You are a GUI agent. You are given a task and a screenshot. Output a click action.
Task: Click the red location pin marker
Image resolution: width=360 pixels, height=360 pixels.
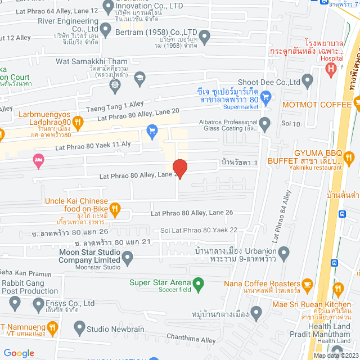(x=179, y=168)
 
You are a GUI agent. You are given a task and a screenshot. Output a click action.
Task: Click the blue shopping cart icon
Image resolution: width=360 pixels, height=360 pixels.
(x=151, y=132)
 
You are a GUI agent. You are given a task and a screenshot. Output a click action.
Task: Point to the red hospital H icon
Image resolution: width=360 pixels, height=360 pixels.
(x=332, y=69)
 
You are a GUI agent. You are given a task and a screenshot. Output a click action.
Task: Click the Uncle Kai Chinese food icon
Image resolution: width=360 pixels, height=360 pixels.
(x=115, y=209)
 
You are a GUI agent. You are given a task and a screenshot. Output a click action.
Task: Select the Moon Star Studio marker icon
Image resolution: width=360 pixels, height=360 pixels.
(x=128, y=259)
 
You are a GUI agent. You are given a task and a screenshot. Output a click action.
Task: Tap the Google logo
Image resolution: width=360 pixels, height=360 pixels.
(x=19, y=353)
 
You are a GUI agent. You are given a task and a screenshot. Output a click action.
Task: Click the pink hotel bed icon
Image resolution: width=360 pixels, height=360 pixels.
(x=38, y=161)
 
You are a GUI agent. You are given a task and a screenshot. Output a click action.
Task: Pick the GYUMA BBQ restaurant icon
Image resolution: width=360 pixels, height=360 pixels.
(x=349, y=157)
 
